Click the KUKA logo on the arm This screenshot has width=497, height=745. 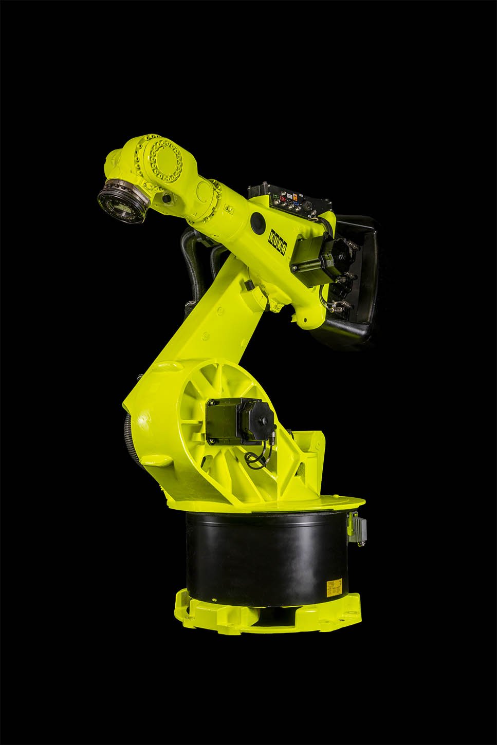(277, 239)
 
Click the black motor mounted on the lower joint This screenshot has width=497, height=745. (234, 420)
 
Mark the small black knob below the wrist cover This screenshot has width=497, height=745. (165, 198)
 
